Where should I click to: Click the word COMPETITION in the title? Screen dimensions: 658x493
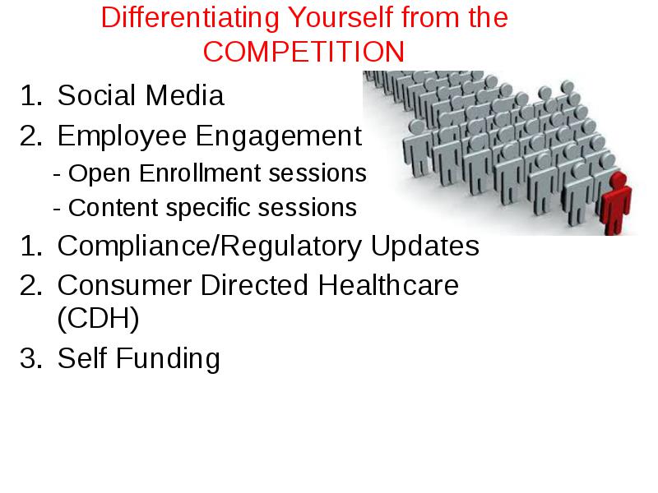304,52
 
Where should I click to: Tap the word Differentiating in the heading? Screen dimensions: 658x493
190,17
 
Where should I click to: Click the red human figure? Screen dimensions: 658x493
615,203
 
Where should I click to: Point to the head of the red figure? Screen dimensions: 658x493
619,179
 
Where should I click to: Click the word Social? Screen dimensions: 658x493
96,95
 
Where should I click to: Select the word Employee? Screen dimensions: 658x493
122,136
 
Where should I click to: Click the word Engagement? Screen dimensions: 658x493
279,136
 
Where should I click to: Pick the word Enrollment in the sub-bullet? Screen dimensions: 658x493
201,173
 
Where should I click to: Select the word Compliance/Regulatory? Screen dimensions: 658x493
210,246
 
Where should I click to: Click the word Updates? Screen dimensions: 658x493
424,246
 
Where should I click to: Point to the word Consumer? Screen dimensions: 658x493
124,285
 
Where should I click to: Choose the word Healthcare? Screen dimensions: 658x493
388,285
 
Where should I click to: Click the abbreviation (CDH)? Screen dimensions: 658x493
98,318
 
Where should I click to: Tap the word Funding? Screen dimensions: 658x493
168,359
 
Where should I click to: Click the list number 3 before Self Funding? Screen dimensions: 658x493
29,358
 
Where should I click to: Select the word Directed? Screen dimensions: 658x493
254,285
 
